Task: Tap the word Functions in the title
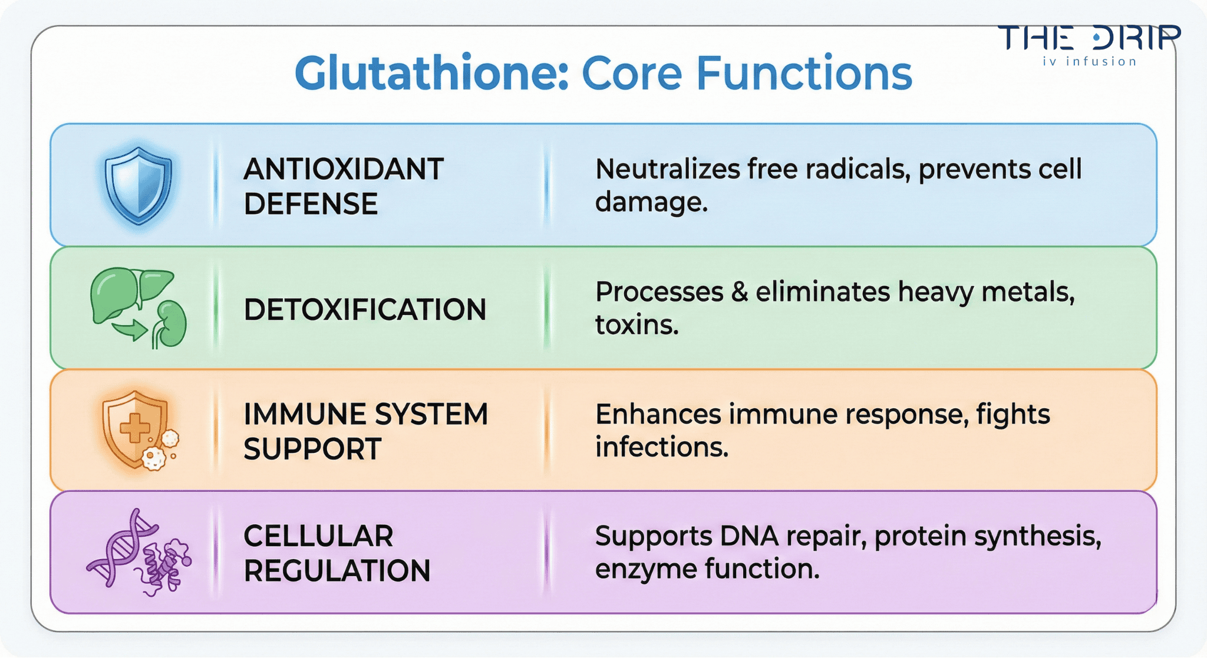click(x=804, y=74)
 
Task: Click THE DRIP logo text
click(x=1089, y=38)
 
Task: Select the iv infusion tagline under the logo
click(x=1089, y=61)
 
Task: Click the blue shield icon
click(x=138, y=184)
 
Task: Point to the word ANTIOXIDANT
click(x=344, y=170)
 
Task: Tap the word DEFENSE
click(x=311, y=204)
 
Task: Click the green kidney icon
click(x=170, y=325)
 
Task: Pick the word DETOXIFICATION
click(x=365, y=310)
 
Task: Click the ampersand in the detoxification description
click(x=739, y=292)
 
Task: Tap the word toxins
click(x=637, y=325)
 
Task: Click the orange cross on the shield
click(x=135, y=428)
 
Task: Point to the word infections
click(x=661, y=447)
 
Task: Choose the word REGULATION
click(x=337, y=571)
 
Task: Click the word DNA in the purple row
click(x=749, y=536)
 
